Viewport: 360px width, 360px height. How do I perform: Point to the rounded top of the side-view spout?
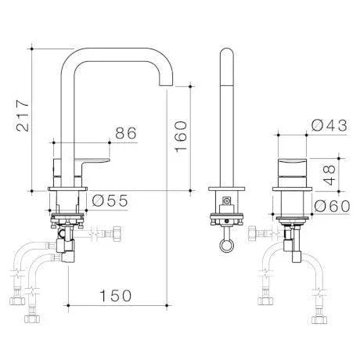tap(225, 55)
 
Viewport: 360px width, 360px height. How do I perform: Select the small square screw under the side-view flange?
tap(226, 202)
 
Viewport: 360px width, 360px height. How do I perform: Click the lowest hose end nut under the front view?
tap(33, 319)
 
